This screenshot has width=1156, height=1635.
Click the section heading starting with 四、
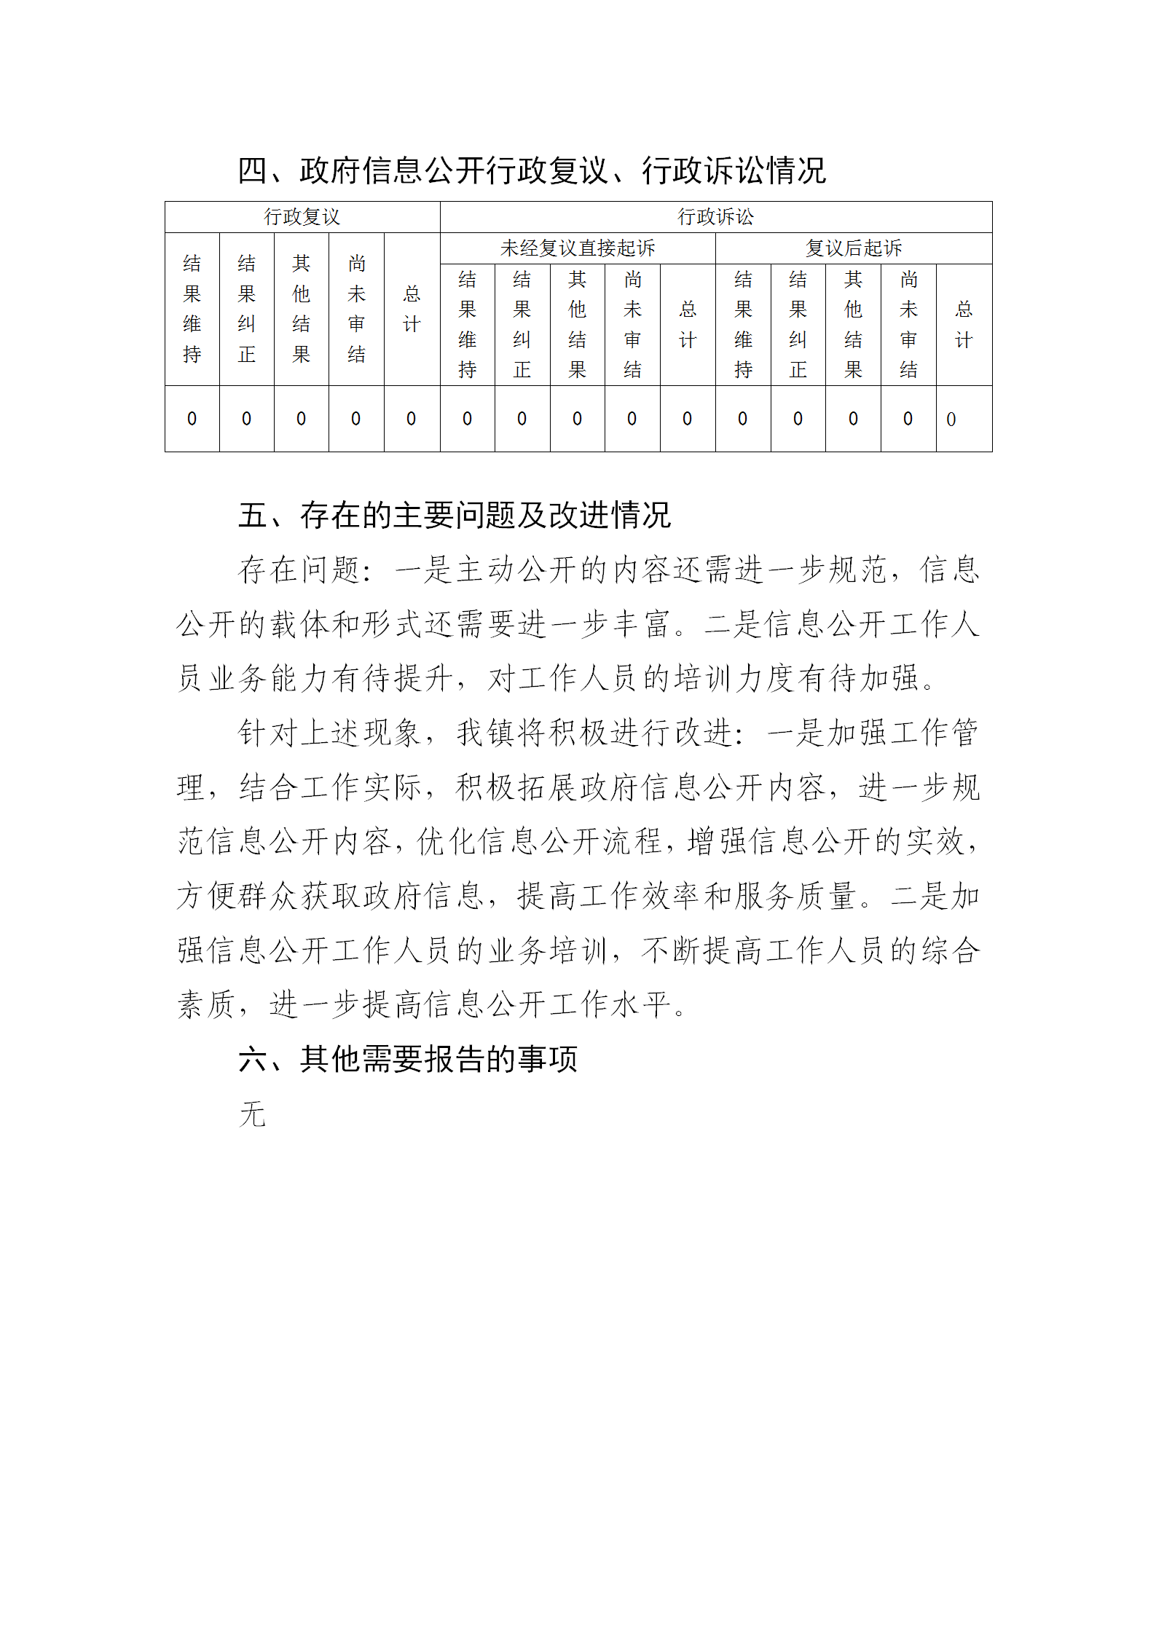(532, 171)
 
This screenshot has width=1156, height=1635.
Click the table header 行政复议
(302, 217)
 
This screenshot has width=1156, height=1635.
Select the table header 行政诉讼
(715, 217)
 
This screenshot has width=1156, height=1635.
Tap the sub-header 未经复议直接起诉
(577, 248)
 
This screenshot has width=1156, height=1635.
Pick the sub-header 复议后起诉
(853, 248)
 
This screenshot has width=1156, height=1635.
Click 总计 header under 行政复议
(412, 309)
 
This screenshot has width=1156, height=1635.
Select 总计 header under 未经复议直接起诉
(687, 325)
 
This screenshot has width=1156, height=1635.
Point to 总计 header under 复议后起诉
(964, 325)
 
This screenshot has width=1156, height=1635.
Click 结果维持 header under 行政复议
(192, 309)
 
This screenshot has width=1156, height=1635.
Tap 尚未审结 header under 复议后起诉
(908, 325)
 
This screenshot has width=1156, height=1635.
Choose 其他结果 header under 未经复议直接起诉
(577, 325)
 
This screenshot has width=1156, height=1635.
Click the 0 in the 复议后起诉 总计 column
(951, 419)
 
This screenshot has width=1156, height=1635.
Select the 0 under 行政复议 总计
(412, 419)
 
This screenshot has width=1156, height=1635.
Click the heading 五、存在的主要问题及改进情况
(454, 516)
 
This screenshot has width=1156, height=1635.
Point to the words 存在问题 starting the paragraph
(299, 570)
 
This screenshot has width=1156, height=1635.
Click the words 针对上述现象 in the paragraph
(329, 733)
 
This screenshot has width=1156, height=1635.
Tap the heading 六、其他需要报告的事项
(408, 1059)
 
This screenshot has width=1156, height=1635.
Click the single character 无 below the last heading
(253, 1114)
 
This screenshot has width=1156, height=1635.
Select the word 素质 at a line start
(206, 1005)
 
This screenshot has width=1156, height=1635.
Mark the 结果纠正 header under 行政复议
(246, 309)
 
